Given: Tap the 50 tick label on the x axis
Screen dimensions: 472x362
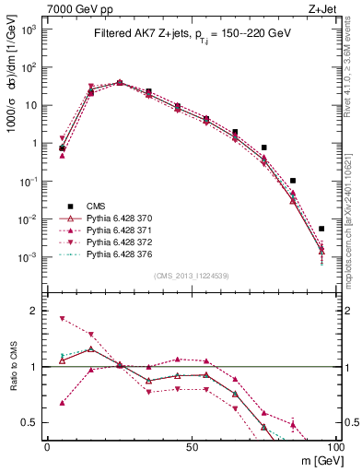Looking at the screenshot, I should tap(191, 447).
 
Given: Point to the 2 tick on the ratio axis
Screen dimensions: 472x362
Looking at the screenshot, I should tap(34, 311).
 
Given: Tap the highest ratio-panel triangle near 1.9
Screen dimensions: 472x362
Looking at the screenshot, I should tap(62, 319).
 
